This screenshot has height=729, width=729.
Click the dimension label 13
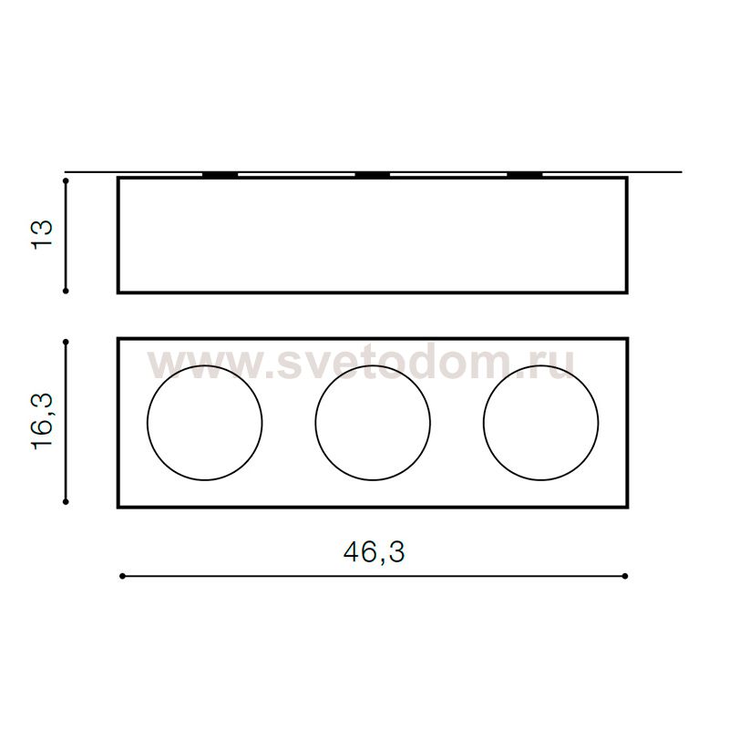[42, 234]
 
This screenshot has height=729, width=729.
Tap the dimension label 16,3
[42, 422]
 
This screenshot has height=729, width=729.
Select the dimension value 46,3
[374, 552]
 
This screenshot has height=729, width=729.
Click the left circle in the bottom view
[148, 423]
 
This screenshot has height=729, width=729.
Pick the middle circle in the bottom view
[315, 423]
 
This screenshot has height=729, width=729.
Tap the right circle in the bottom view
[484, 423]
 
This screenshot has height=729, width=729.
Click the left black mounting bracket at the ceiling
[221, 175]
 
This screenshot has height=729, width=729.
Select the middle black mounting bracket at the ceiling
[373, 175]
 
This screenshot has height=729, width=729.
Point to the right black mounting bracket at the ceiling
[525, 175]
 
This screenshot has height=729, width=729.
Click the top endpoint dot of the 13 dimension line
[66, 180]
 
